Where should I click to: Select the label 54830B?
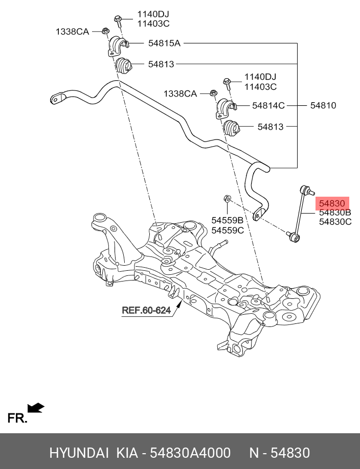click(335, 212)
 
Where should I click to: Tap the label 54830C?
click(335, 222)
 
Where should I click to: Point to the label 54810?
click(323, 106)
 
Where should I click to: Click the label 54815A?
click(164, 44)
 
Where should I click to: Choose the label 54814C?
click(268, 106)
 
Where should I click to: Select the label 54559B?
click(227, 221)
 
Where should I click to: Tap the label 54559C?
click(227, 230)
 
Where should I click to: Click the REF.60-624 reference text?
click(146, 310)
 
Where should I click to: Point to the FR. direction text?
click(17, 418)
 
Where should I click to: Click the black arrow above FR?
click(36, 407)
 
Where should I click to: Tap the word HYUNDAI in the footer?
click(79, 453)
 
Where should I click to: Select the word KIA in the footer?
click(127, 453)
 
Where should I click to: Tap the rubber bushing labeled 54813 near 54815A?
click(123, 65)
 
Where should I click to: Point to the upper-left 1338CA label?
click(72, 32)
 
